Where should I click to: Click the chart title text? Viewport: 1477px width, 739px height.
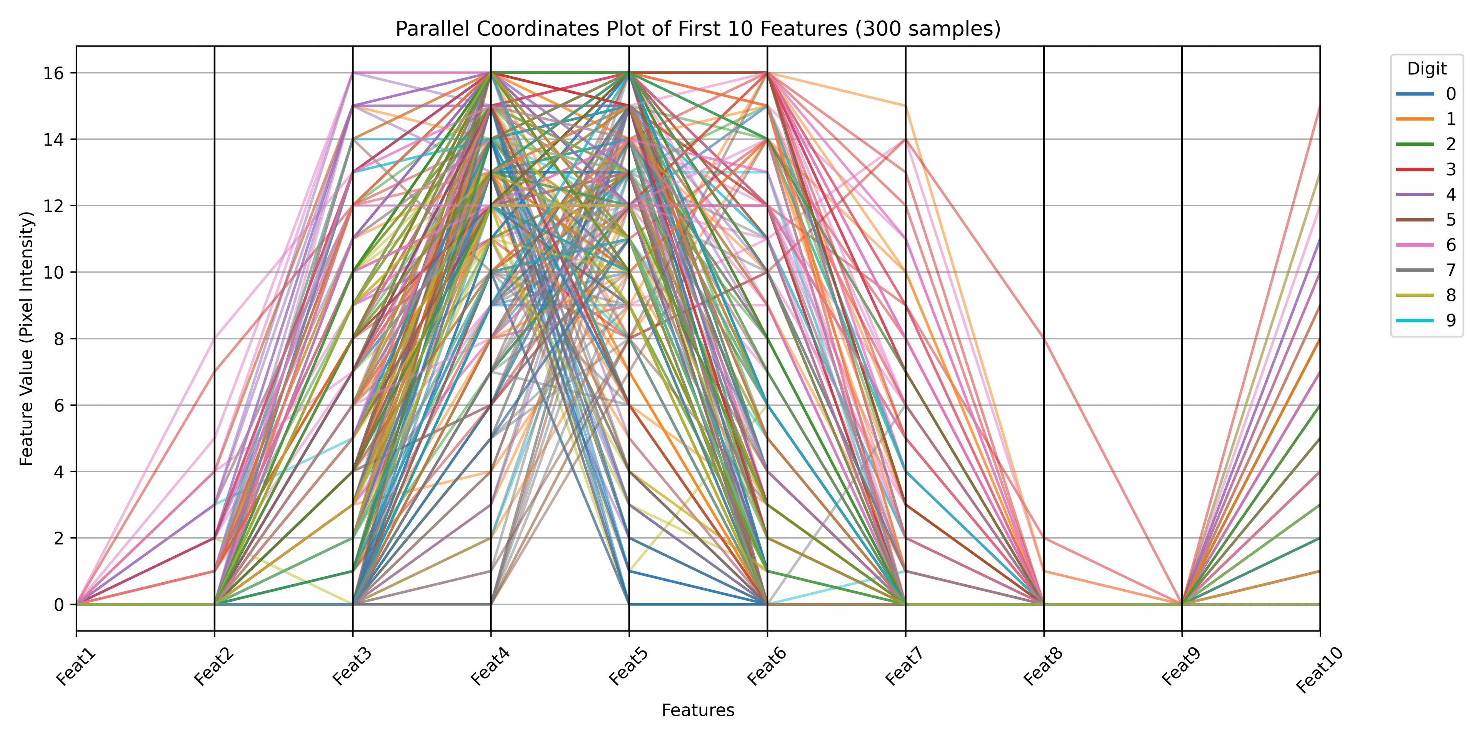[x=698, y=29]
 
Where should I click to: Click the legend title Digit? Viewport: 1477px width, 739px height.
[x=1427, y=69]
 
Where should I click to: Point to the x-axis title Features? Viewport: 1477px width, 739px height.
[x=698, y=710]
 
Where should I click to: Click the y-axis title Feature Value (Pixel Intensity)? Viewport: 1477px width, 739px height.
[x=27, y=339]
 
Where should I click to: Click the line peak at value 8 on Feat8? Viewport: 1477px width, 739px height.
[x=1044, y=339]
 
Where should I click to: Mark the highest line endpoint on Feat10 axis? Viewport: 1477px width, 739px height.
[x=1319, y=106]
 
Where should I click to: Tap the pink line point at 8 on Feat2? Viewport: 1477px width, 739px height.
[x=215, y=339]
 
